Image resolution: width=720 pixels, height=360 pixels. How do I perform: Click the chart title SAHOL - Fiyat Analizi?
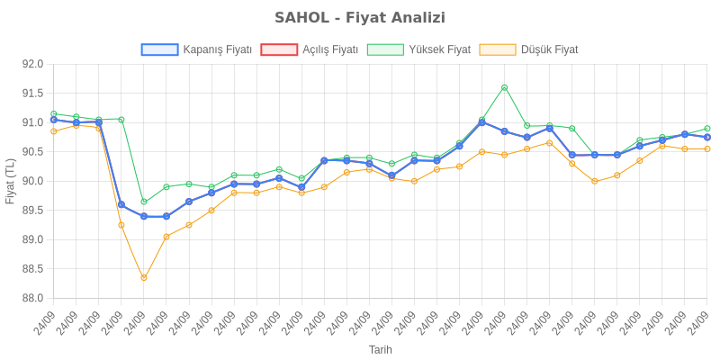coord(360,18)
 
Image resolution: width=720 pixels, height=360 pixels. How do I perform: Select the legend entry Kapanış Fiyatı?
coord(216,49)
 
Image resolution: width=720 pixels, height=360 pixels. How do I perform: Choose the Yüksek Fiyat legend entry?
coord(439,49)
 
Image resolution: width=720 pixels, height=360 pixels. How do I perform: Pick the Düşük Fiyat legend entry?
coord(549,49)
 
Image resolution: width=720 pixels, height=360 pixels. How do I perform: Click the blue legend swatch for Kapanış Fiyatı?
coord(159,49)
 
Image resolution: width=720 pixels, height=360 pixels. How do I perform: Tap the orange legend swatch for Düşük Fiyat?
coord(498,49)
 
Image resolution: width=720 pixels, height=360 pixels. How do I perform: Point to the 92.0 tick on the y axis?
coord(33,64)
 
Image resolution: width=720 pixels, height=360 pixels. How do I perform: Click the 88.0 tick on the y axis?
coord(33,298)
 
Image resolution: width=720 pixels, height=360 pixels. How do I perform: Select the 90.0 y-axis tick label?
coord(33,181)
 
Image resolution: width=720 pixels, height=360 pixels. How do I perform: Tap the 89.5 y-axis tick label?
coord(33,211)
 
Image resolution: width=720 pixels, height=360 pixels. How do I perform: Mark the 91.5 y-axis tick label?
coord(33,94)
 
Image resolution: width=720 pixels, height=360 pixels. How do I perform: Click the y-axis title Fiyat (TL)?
coord(11,181)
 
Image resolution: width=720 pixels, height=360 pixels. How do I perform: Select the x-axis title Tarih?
coord(380,349)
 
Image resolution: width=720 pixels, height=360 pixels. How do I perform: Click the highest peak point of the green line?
coord(504,87)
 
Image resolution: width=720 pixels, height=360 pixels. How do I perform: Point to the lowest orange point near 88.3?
coord(144,278)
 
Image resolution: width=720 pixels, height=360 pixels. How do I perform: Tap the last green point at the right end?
coord(707,129)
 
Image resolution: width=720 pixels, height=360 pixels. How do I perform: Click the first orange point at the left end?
coord(54,131)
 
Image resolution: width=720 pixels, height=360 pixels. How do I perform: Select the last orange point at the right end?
coord(707,148)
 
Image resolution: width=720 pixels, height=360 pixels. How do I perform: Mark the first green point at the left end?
coord(54,114)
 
